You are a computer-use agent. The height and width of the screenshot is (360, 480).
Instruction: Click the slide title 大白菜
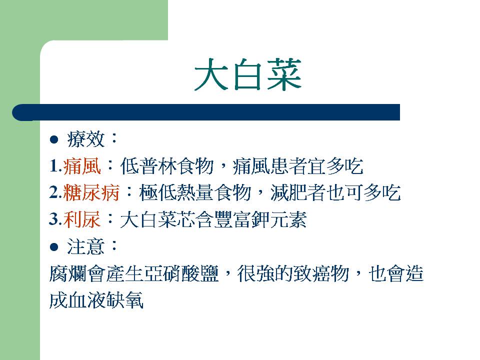pyautogui.click(x=248, y=74)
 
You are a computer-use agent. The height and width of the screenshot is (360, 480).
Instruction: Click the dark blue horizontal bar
pyautogui.click(x=206, y=112)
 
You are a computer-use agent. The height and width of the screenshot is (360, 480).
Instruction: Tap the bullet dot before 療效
pyautogui.click(x=54, y=139)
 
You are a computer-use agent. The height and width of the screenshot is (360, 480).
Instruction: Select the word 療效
pyautogui.click(x=86, y=139)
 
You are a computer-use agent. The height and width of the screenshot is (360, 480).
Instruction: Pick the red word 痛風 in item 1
pyautogui.click(x=81, y=166)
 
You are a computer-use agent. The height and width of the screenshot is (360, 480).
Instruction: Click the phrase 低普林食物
pyautogui.click(x=167, y=166)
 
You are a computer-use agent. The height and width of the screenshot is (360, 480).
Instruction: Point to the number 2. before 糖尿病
pyautogui.click(x=55, y=193)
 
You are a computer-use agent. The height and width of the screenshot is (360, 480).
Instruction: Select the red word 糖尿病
pyautogui.click(x=91, y=193)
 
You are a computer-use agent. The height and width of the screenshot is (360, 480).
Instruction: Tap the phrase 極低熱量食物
pyautogui.click(x=195, y=193)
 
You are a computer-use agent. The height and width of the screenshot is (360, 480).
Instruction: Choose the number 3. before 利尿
pyautogui.click(x=55, y=219)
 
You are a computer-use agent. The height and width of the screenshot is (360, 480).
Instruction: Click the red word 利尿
pyautogui.click(x=81, y=219)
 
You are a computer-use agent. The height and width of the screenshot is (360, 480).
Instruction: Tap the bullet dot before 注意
pyautogui.click(x=54, y=246)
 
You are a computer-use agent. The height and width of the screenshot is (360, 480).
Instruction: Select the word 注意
pyautogui.click(x=86, y=246)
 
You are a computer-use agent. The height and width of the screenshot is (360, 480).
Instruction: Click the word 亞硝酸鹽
pyautogui.click(x=181, y=273)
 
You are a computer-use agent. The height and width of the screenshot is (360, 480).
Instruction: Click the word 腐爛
pyautogui.click(x=68, y=273)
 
